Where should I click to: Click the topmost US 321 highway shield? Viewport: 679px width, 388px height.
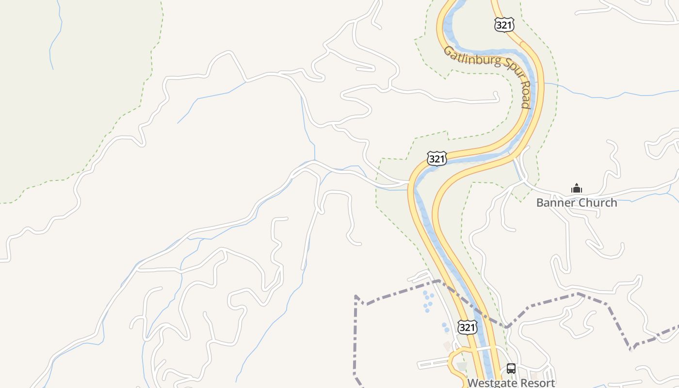504,25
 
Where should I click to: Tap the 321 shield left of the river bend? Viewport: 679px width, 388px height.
436,159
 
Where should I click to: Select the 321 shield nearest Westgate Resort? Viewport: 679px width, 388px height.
467,327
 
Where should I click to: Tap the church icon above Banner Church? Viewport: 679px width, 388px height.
576,188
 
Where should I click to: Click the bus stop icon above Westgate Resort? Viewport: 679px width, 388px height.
511,368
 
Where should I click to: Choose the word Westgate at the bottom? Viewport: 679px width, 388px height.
491,383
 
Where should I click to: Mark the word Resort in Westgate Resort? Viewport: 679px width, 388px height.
537,383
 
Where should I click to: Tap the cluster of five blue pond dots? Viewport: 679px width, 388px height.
428,301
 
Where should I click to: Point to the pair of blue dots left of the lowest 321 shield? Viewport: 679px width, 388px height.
445,327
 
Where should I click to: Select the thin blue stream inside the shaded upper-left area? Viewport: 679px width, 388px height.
55,39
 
